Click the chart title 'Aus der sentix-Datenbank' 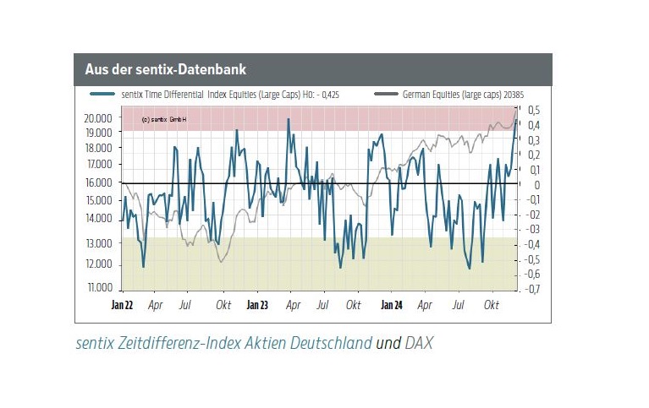coord(165,68)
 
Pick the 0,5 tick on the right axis coord(534,110)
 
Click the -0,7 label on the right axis coord(532,289)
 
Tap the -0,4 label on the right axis coord(532,244)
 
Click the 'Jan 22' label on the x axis coord(123,304)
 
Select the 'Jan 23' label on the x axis coord(257,304)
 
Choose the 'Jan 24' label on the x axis coord(391,304)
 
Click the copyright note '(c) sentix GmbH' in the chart coord(164,120)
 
